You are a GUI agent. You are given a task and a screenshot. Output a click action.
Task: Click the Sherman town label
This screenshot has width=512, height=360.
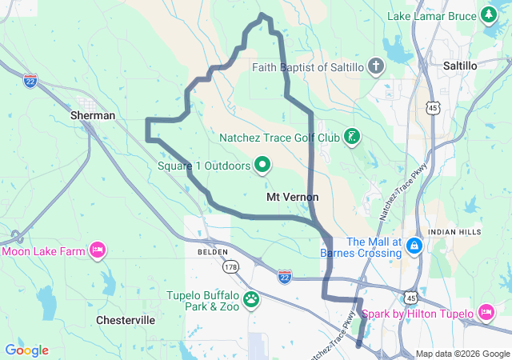tap(93, 115)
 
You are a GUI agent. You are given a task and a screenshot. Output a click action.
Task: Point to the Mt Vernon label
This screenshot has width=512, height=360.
tap(292, 197)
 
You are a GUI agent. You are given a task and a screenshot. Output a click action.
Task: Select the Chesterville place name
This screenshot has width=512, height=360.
tap(126, 320)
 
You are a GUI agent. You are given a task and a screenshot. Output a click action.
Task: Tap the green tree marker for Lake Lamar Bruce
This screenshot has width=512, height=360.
tap(488, 15)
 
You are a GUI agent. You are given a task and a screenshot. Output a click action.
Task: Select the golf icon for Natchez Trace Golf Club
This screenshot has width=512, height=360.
tap(351, 137)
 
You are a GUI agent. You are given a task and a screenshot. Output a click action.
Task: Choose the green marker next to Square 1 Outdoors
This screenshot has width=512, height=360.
tap(262, 166)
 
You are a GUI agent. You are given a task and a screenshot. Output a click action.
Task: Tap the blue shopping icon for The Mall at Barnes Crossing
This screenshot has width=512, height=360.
tap(414, 244)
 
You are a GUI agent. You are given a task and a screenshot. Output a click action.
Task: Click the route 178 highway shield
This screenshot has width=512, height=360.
tap(231, 266)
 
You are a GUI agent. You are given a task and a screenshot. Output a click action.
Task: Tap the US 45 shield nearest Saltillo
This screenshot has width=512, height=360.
tap(433, 106)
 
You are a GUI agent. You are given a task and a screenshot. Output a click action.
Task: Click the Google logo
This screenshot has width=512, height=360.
tap(26, 350)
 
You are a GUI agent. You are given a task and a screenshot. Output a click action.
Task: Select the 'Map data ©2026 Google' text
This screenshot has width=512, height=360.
tap(462, 354)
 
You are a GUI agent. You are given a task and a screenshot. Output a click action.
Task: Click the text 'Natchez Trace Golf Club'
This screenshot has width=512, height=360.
tap(280, 137)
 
